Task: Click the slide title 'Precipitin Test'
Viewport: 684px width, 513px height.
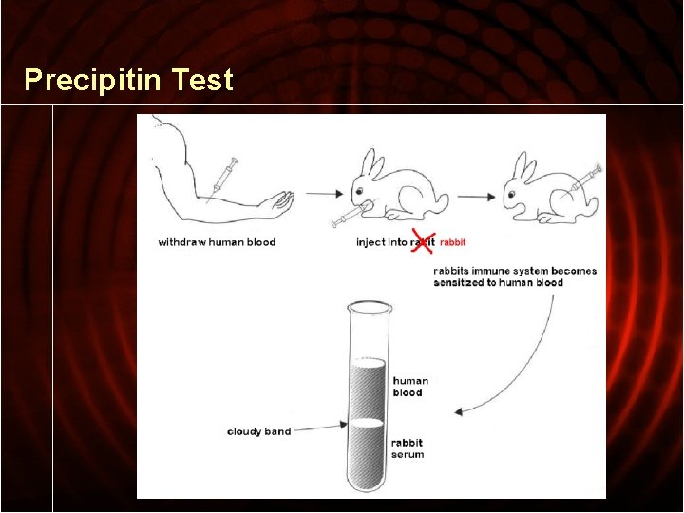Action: [128, 80]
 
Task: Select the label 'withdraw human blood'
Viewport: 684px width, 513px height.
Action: [217, 242]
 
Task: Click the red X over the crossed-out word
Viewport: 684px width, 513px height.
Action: [423, 241]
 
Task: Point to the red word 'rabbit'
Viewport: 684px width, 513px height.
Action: [453, 242]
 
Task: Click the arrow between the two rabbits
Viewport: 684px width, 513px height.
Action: [476, 196]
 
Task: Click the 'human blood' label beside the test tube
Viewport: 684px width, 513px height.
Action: [410, 387]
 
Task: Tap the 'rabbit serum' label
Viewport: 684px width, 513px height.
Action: [408, 448]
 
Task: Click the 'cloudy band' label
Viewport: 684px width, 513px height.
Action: [258, 431]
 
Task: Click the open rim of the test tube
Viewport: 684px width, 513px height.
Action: [369, 308]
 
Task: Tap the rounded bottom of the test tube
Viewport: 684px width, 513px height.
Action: [369, 484]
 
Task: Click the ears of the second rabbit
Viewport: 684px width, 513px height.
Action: [525, 166]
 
